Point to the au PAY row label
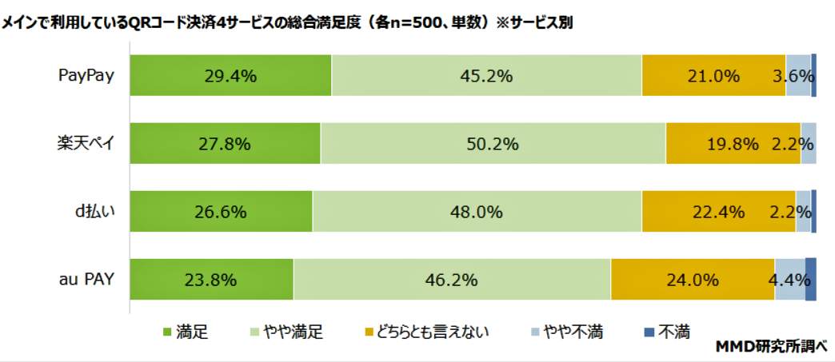(86, 279)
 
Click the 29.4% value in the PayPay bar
(230, 76)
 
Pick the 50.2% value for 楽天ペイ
(493, 144)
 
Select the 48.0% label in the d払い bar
(477, 212)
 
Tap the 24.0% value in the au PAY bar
(692, 280)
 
